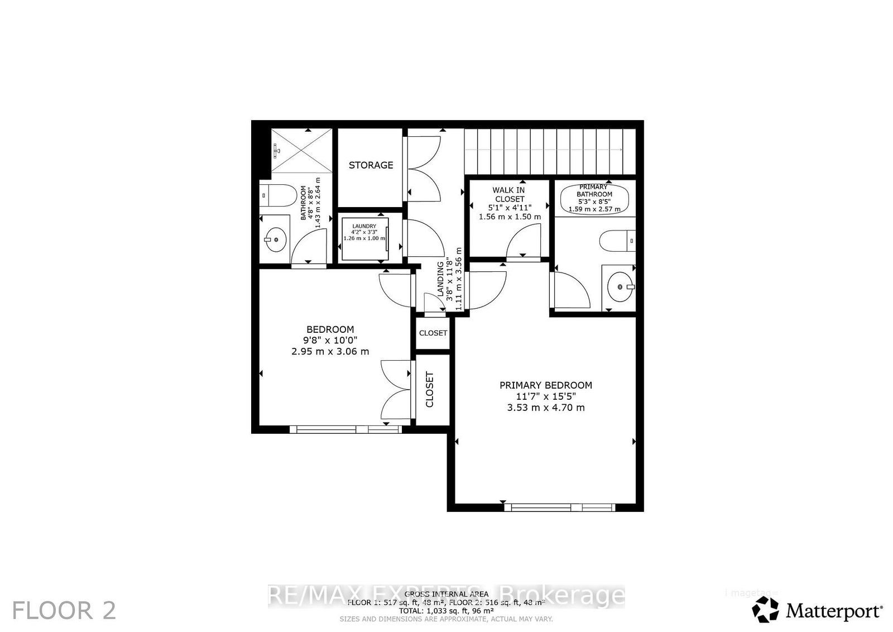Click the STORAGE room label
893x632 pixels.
371,165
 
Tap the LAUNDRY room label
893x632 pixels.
364,226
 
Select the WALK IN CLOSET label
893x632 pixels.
509,194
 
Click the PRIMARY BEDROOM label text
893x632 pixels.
545,385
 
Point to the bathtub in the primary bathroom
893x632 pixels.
594,198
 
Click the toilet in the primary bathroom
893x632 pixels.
617,241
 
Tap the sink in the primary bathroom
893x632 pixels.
619,287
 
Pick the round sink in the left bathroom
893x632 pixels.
275,240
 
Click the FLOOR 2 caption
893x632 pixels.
64,610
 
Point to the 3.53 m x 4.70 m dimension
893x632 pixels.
545,408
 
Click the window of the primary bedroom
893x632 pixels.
559,507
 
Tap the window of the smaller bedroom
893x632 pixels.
345,429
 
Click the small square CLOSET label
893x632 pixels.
433,333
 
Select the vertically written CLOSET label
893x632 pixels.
430,389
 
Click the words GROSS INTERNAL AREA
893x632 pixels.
446,594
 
